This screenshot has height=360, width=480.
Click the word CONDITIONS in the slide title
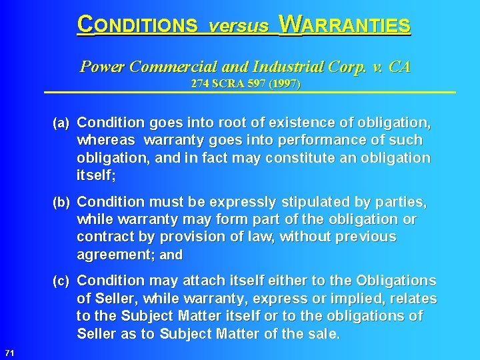pos(137,25)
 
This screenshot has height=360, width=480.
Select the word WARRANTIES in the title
pos(345,25)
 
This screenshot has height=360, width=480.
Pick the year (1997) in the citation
pos(285,85)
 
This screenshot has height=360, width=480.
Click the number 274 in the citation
pos(199,85)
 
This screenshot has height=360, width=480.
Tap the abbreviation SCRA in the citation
pos(228,85)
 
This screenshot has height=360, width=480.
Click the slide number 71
pos(9,352)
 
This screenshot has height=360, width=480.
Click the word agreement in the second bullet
pos(113,254)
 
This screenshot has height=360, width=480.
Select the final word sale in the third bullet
pos(323,333)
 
